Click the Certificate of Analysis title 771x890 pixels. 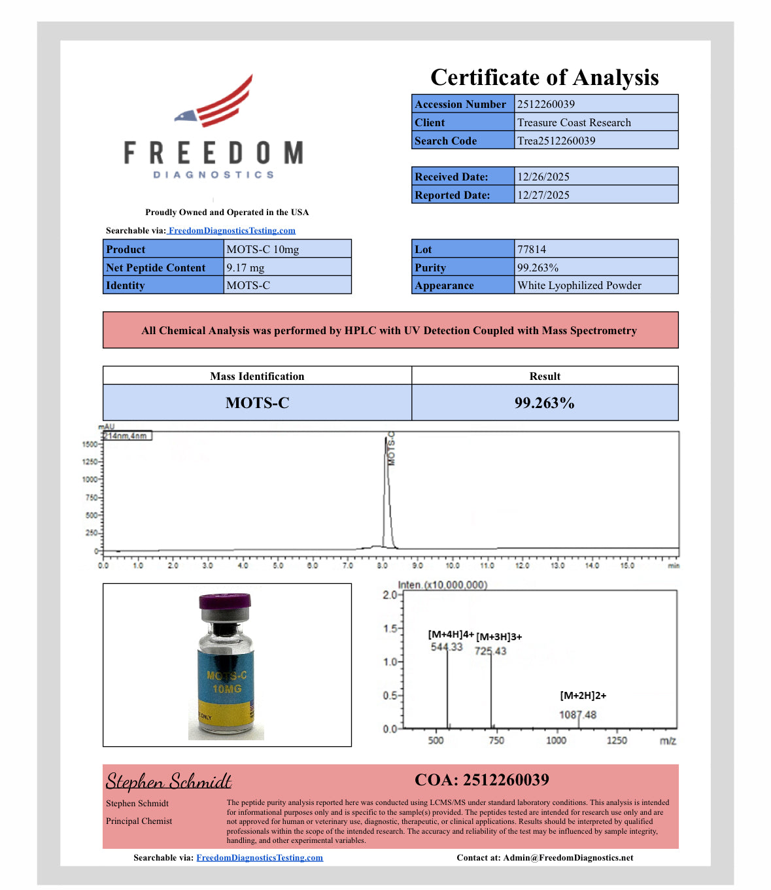pos(544,77)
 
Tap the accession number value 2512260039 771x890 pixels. pos(546,104)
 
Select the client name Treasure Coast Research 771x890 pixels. pos(574,122)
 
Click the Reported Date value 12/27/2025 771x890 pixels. pos(543,195)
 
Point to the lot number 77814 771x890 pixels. pos(532,249)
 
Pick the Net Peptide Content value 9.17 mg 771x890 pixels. pos(246,267)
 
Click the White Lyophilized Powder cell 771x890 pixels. pos(579,285)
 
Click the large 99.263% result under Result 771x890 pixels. pos(544,403)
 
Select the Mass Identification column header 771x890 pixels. pos(257,376)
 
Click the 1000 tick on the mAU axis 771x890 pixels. pos(90,479)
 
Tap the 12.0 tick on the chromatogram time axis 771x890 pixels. pos(522,566)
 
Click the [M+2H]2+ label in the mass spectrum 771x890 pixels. pos(583,695)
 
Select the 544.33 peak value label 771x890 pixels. pos(446,647)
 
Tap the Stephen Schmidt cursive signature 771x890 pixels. pos(169,781)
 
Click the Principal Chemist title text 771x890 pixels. pos(139,821)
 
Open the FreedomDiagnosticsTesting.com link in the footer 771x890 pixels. pos(260,857)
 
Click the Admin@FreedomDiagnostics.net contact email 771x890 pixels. pos(568,857)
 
